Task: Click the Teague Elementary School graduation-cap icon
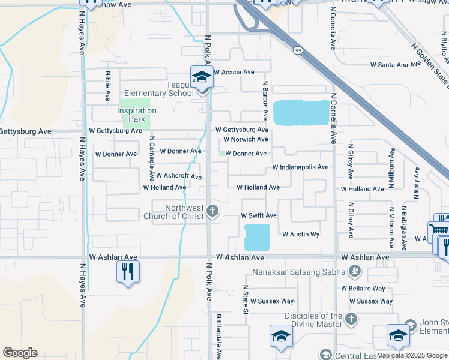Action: pyautogui.click(x=202, y=77)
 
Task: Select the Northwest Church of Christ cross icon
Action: pyautogui.click(x=212, y=211)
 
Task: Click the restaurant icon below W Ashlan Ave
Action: pyautogui.click(x=128, y=271)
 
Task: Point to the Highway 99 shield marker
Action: pyautogui.click(x=298, y=51)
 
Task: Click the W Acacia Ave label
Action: pyautogui.click(x=234, y=72)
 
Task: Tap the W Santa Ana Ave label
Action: pyautogui.click(x=396, y=64)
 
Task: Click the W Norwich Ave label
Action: pyautogui.click(x=246, y=139)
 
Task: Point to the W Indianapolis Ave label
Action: pyautogui.click(x=300, y=167)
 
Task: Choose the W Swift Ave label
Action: pyautogui.click(x=258, y=215)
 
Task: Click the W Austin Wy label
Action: pyautogui.click(x=300, y=234)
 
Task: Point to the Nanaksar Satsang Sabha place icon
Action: pyautogui.click(x=355, y=271)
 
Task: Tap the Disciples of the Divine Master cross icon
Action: pyautogui.click(x=351, y=319)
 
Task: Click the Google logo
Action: pyautogui.click(x=20, y=353)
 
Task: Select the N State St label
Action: pyautogui.click(x=245, y=299)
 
